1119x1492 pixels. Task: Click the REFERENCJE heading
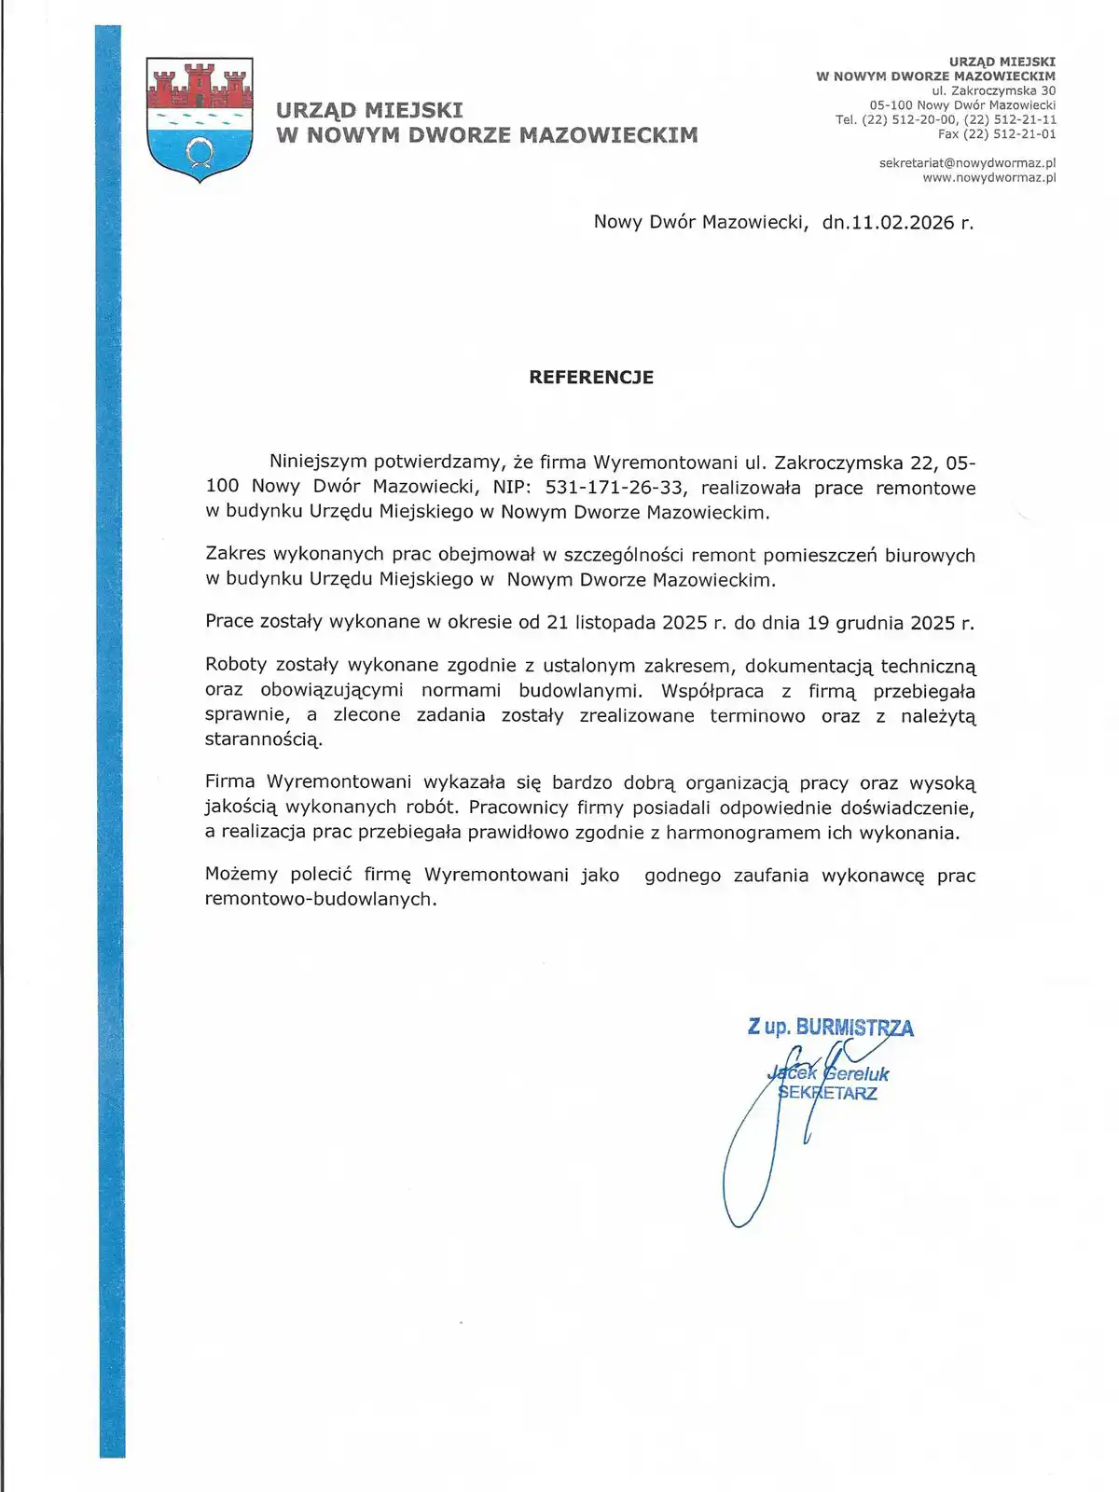(591, 378)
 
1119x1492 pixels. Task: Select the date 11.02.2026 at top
(903, 222)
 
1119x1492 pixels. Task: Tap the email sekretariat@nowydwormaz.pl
(967, 163)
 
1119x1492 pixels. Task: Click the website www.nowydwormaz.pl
(988, 177)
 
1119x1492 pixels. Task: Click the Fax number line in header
(996, 134)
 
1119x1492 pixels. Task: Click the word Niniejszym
(318, 463)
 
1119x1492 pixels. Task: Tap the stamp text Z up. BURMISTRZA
(830, 1028)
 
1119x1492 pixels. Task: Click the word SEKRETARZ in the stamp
(828, 1094)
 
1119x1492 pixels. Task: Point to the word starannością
(263, 740)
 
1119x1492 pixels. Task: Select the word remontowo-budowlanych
(320, 900)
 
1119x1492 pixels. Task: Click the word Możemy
(242, 875)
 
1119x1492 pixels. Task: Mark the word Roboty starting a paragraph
(236, 666)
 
